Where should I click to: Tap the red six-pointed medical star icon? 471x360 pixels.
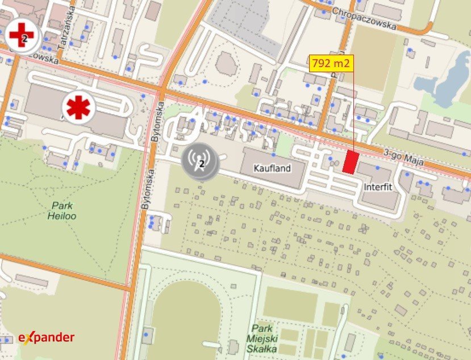tap(78, 107)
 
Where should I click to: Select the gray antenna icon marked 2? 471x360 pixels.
tap(201, 161)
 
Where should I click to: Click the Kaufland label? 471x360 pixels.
tap(273, 168)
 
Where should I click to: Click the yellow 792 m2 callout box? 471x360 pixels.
tap(332, 63)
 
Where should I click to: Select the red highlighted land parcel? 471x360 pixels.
tap(351, 162)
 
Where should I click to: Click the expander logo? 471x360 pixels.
tap(47, 337)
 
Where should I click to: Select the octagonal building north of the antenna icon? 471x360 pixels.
tap(226, 64)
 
